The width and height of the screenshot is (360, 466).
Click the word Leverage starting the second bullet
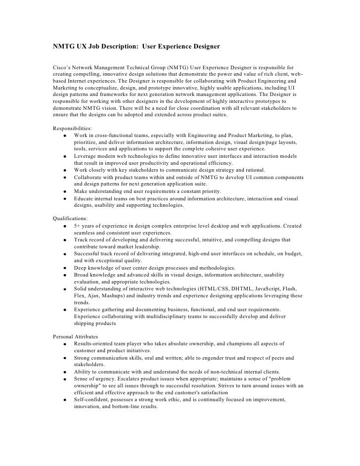coord(88,156)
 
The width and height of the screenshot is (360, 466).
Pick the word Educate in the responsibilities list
coord(86,198)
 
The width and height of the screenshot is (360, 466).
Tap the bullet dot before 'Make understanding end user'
coord(65,192)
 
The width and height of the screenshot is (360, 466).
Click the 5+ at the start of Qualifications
coord(78,226)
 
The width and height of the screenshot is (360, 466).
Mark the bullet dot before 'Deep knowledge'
coord(65,268)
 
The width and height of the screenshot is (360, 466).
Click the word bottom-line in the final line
coord(128,407)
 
